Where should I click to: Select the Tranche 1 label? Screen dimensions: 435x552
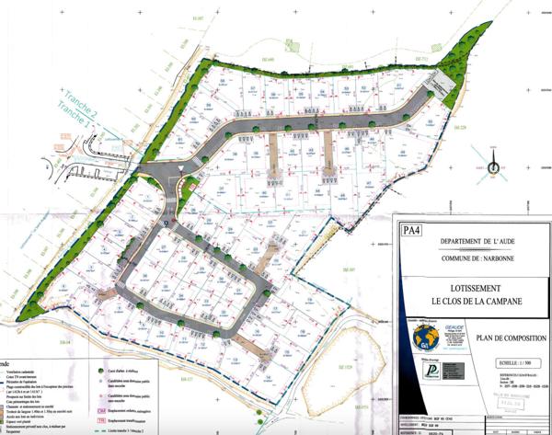tap(76, 117)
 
